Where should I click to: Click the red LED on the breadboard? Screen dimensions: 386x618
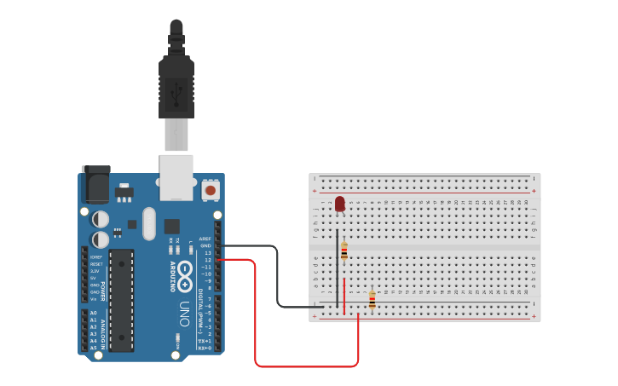340,204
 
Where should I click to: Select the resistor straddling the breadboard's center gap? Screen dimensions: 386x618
344,251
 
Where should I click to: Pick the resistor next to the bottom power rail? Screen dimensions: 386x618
372,299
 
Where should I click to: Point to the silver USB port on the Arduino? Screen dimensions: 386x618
176,175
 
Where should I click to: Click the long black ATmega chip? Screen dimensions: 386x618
121,299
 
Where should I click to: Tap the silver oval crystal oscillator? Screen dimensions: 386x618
150,224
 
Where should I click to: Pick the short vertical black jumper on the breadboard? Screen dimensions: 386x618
337,268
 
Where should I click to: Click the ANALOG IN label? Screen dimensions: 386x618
105,328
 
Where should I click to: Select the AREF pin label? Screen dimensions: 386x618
205,239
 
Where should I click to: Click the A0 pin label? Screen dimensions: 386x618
93,313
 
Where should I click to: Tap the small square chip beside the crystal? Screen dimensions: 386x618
172,226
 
